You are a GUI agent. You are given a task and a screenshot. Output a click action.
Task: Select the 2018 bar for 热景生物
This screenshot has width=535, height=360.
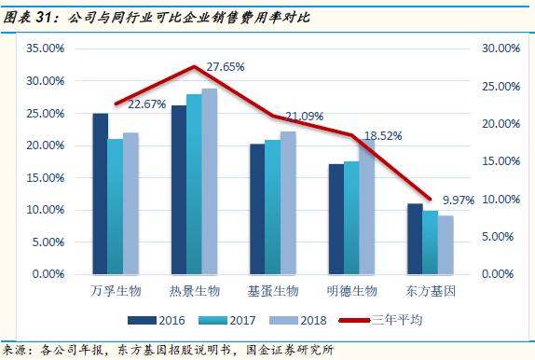(210, 182)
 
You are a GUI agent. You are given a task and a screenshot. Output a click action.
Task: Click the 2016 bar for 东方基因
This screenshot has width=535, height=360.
(415, 239)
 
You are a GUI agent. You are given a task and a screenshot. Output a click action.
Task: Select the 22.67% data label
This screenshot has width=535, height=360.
(146, 104)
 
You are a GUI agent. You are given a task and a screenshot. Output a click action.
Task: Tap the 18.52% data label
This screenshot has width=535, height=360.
(383, 135)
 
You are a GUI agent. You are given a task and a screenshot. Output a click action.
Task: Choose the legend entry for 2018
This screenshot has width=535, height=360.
(301, 319)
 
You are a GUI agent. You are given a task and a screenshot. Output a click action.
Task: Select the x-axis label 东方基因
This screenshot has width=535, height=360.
(431, 293)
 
